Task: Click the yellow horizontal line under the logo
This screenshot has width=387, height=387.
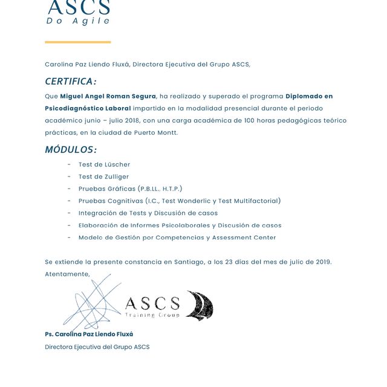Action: pos(77,42)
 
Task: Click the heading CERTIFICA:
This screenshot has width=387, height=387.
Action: pos(70,82)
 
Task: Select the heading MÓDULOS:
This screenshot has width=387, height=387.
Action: pos(70,149)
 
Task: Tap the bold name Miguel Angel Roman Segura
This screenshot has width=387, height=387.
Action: pos(108,96)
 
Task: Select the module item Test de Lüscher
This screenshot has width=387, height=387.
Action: pos(104,164)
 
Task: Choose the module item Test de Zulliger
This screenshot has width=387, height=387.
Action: pos(103,177)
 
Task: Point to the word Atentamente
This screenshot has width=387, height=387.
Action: pos(67,274)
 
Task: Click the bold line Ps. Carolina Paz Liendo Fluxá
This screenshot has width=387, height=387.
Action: pos(89,334)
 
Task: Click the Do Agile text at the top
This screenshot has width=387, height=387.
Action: pos(78,21)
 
